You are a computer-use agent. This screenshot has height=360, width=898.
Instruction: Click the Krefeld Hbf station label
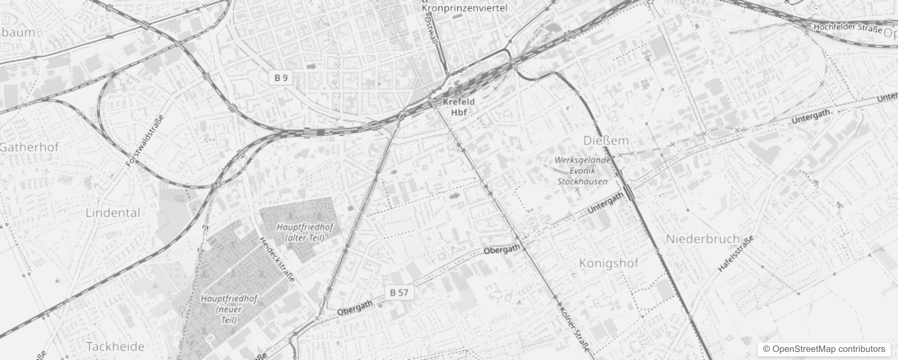[458, 107]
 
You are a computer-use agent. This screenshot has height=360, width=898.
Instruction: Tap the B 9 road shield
[281, 78]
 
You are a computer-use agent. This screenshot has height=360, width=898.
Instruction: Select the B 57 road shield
[399, 292]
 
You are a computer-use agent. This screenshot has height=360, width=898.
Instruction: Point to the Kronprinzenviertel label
[464, 8]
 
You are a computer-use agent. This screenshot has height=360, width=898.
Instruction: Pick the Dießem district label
[606, 141]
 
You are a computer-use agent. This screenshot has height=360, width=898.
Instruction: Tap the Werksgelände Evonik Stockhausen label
[582, 171]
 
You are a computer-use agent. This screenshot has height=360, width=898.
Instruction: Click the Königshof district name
[608, 263]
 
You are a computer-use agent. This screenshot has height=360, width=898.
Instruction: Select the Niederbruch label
[703, 239]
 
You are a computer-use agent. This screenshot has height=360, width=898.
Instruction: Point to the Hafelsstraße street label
[736, 254]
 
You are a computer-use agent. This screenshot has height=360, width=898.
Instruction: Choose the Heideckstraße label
[278, 260]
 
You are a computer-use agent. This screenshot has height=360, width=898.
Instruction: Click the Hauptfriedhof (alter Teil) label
[305, 232]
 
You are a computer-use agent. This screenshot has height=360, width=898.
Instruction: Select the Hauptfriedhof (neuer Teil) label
[229, 309]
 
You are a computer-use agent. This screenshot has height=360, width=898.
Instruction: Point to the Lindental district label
[113, 213]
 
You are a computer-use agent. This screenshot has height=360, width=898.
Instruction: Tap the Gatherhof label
[30, 147]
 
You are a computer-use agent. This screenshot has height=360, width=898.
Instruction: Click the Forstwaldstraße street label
[145, 140]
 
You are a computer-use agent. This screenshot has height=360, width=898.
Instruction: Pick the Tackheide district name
[115, 346]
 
